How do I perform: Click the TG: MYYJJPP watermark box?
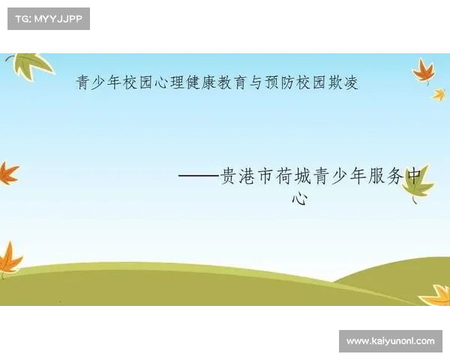[49, 19]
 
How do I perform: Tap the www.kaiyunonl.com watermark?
[391, 341]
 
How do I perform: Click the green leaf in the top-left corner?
[30, 66]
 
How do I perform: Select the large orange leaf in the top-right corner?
[424, 71]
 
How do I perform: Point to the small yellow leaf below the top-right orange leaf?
[439, 95]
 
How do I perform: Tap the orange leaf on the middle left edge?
[8, 172]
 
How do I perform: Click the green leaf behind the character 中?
[418, 184]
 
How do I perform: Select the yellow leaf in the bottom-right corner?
[436, 295]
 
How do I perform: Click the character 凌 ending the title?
[351, 82]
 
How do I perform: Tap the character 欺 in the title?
[335, 82]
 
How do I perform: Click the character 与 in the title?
[256, 82]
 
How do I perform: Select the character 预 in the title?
[272, 82]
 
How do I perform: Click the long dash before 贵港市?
[199, 175]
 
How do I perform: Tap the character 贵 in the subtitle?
[229, 176]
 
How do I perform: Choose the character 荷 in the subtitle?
[284, 176]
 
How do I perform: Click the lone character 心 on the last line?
[300, 198]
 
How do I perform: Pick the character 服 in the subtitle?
[376, 176]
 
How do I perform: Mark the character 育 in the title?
[241, 82]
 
